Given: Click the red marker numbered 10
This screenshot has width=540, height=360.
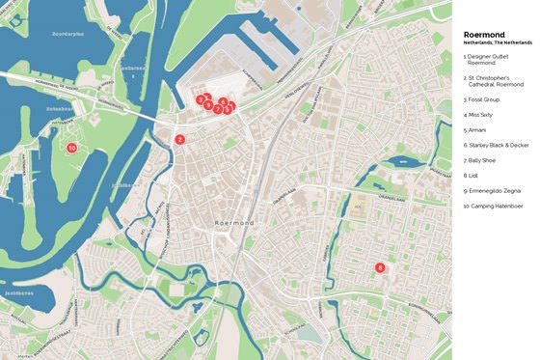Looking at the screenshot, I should (71, 148).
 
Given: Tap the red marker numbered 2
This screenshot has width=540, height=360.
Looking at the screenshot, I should (179, 140).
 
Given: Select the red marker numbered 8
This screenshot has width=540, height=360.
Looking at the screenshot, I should (380, 267).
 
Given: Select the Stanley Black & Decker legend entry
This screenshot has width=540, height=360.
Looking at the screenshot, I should (496, 145).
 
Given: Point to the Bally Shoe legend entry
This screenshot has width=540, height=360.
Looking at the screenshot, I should (483, 160).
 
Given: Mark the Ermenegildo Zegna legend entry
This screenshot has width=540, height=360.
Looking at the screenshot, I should (494, 190).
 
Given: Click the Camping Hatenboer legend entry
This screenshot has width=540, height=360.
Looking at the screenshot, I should (494, 206).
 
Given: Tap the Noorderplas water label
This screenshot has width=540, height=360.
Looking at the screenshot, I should (68, 34).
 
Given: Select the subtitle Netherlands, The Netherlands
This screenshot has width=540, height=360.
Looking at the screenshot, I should (498, 43).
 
